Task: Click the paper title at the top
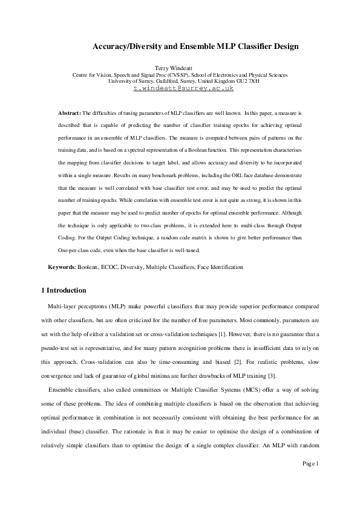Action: coord(195,46)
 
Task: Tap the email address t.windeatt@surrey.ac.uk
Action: coord(183,88)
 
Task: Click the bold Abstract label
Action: coord(69,113)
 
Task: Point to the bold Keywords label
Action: coord(62,267)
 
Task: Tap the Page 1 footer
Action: coord(310,464)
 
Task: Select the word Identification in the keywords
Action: coord(225,267)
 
